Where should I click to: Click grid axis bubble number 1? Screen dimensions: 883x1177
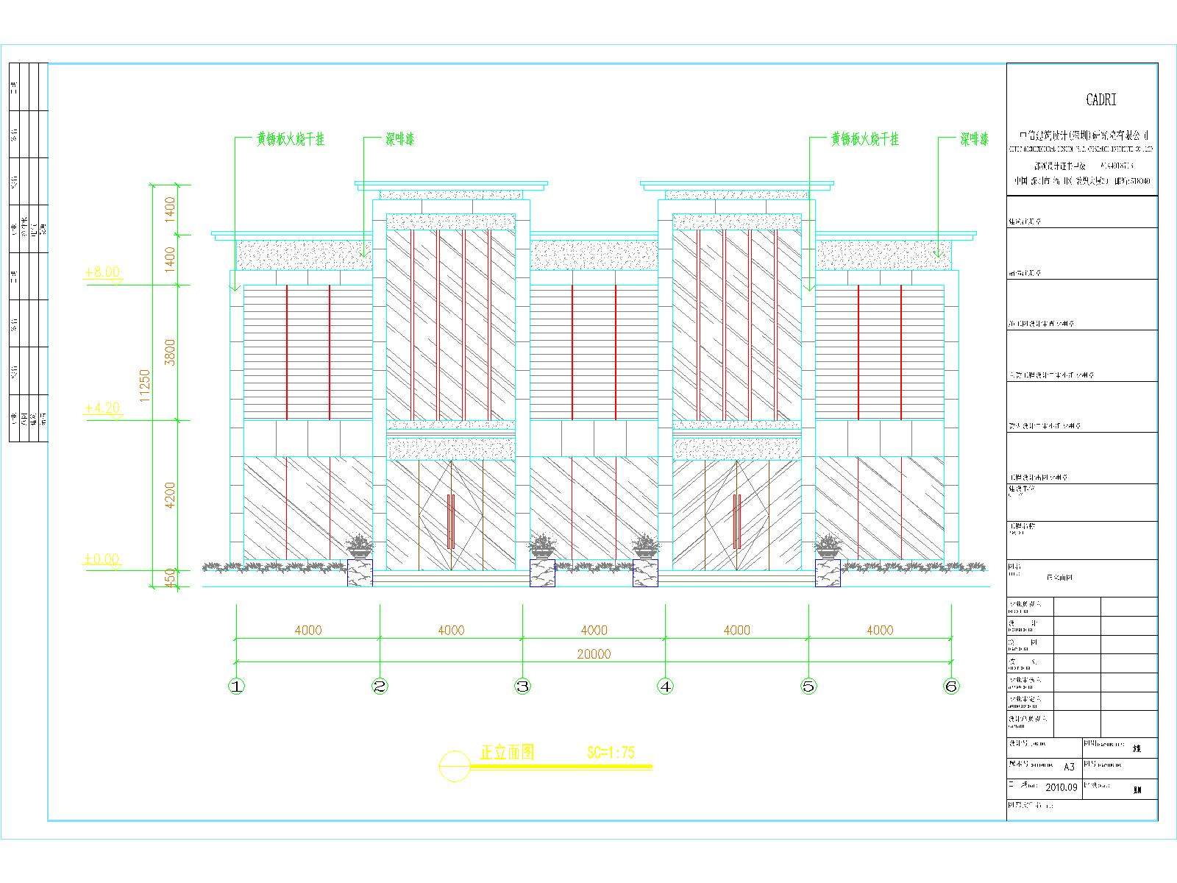coord(236,687)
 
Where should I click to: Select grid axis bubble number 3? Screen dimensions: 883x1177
coord(522,687)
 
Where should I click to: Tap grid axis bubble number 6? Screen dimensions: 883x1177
coord(951,687)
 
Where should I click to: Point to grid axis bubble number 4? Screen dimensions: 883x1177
coord(665,687)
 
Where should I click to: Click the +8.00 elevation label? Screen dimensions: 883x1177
coord(102,272)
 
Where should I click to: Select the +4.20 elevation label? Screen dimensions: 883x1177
coord(102,408)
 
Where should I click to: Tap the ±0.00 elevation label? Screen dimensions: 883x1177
coord(102,559)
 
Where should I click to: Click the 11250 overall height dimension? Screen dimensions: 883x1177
coord(145,386)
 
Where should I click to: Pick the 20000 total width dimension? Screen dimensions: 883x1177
coord(594,654)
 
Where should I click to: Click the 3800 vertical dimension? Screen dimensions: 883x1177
coord(170,353)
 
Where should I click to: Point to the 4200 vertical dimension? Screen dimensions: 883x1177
coord(170,496)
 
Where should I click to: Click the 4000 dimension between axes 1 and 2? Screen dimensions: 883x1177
coord(307,630)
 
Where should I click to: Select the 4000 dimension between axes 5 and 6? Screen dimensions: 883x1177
coord(880,630)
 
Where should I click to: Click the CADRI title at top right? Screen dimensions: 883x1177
coord(1100,100)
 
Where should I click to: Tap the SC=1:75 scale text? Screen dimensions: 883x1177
coord(611,752)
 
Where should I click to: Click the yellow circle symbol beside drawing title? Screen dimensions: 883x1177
coord(454,766)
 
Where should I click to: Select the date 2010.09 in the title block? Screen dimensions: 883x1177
coord(1061,787)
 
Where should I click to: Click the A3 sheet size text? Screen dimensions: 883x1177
coord(1069,767)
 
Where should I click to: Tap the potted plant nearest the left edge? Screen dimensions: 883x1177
coord(360,546)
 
